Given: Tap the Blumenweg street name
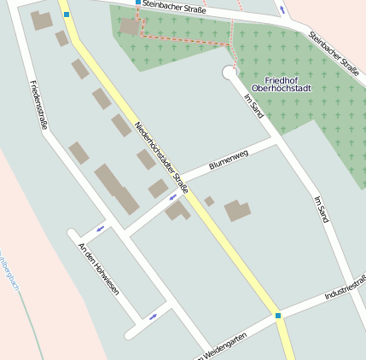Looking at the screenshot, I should click(x=228, y=160).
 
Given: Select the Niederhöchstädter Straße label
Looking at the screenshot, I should click(x=161, y=157).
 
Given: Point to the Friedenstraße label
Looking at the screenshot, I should click(x=38, y=104).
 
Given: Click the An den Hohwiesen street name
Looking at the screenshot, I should click(x=98, y=269).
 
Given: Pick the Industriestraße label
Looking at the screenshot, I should click(x=345, y=288).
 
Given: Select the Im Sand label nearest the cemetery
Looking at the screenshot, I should click(x=254, y=107).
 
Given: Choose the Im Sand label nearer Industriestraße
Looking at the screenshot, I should click(x=322, y=209).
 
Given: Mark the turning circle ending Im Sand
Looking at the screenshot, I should click(x=229, y=73).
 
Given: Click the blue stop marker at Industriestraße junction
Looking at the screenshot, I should click(x=277, y=316).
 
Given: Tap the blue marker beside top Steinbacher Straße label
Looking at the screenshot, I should click(x=138, y=3).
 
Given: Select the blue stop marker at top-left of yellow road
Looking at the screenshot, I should click(x=67, y=15).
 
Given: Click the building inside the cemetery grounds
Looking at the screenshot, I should click(x=130, y=26).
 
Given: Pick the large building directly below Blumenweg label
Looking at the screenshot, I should click(x=238, y=211).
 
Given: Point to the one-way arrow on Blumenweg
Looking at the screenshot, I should click(x=172, y=197).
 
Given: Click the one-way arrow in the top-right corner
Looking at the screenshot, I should click(x=282, y=9).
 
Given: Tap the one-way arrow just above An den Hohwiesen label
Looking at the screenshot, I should click(x=101, y=228).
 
